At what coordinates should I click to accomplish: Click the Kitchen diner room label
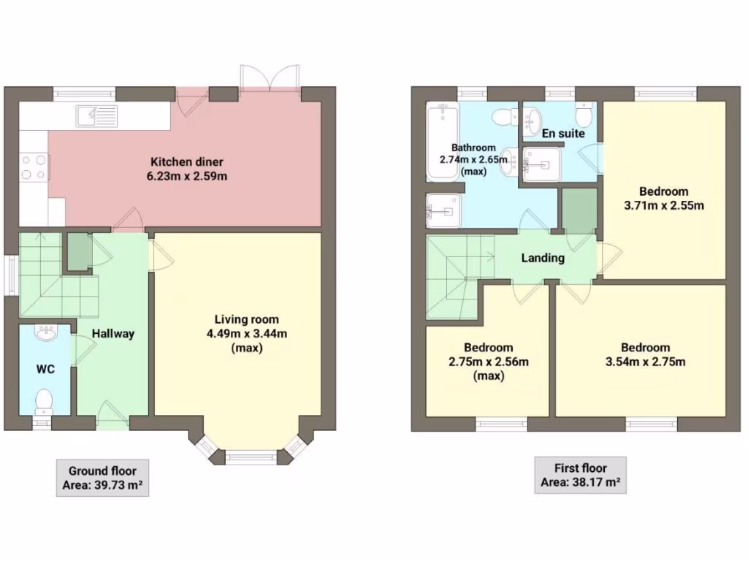pyautogui.click(x=187, y=161)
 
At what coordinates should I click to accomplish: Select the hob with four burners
pyautogui.click(x=33, y=167)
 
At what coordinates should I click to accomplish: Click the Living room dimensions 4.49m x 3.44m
pyautogui.click(x=246, y=334)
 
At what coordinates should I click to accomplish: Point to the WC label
pyautogui.click(x=45, y=369)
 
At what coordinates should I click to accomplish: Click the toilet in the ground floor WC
pyautogui.click(x=44, y=400)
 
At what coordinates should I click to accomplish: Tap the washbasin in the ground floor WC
pyautogui.click(x=46, y=334)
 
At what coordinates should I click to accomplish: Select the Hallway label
pyautogui.click(x=112, y=334)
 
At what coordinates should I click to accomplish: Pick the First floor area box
pyautogui.click(x=580, y=475)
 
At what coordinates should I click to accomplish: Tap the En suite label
pyautogui.click(x=562, y=134)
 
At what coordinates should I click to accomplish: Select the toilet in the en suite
pyautogui.click(x=584, y=114)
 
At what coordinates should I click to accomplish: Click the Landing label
pyautogui.click(x=542, y=258)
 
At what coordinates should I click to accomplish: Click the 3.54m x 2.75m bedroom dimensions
pyautogui.click(x=645, y=361)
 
